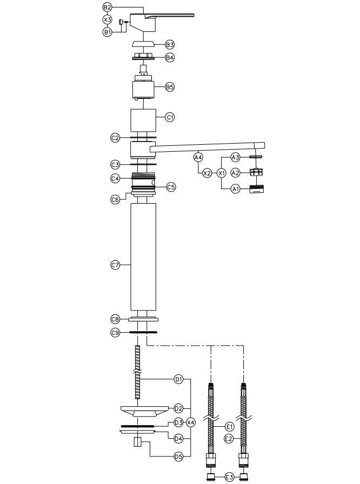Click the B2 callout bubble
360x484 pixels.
[x=107, y=8]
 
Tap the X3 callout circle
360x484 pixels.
[x=107, y=20]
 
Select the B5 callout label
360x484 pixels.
[x=170, y=87]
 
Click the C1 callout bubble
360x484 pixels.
[x=170, y=117]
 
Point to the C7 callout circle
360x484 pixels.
[x=115, y=265]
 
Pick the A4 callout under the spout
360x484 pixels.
[x=198, y=157]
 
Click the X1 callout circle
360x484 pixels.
[x=221, y=173]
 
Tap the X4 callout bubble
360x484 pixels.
[x=190, y=422]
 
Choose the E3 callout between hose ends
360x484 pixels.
[x=229, y=476]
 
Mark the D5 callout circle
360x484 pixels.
[x=178, y=457]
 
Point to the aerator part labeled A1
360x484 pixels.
[x=256, y=189]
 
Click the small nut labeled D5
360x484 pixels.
[x=138, y=443]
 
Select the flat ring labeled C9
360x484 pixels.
[x=143, y=333]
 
